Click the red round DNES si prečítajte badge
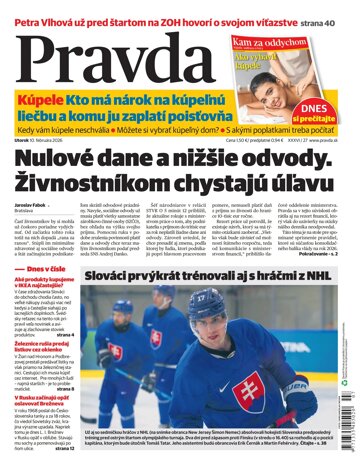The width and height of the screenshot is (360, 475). pyautogui.click(x=319, y=116)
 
